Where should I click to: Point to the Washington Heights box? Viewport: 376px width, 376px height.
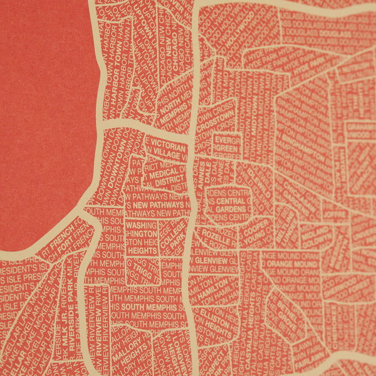142,238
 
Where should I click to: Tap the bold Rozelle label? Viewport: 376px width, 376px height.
215,239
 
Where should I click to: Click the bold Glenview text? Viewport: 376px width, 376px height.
211,259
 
